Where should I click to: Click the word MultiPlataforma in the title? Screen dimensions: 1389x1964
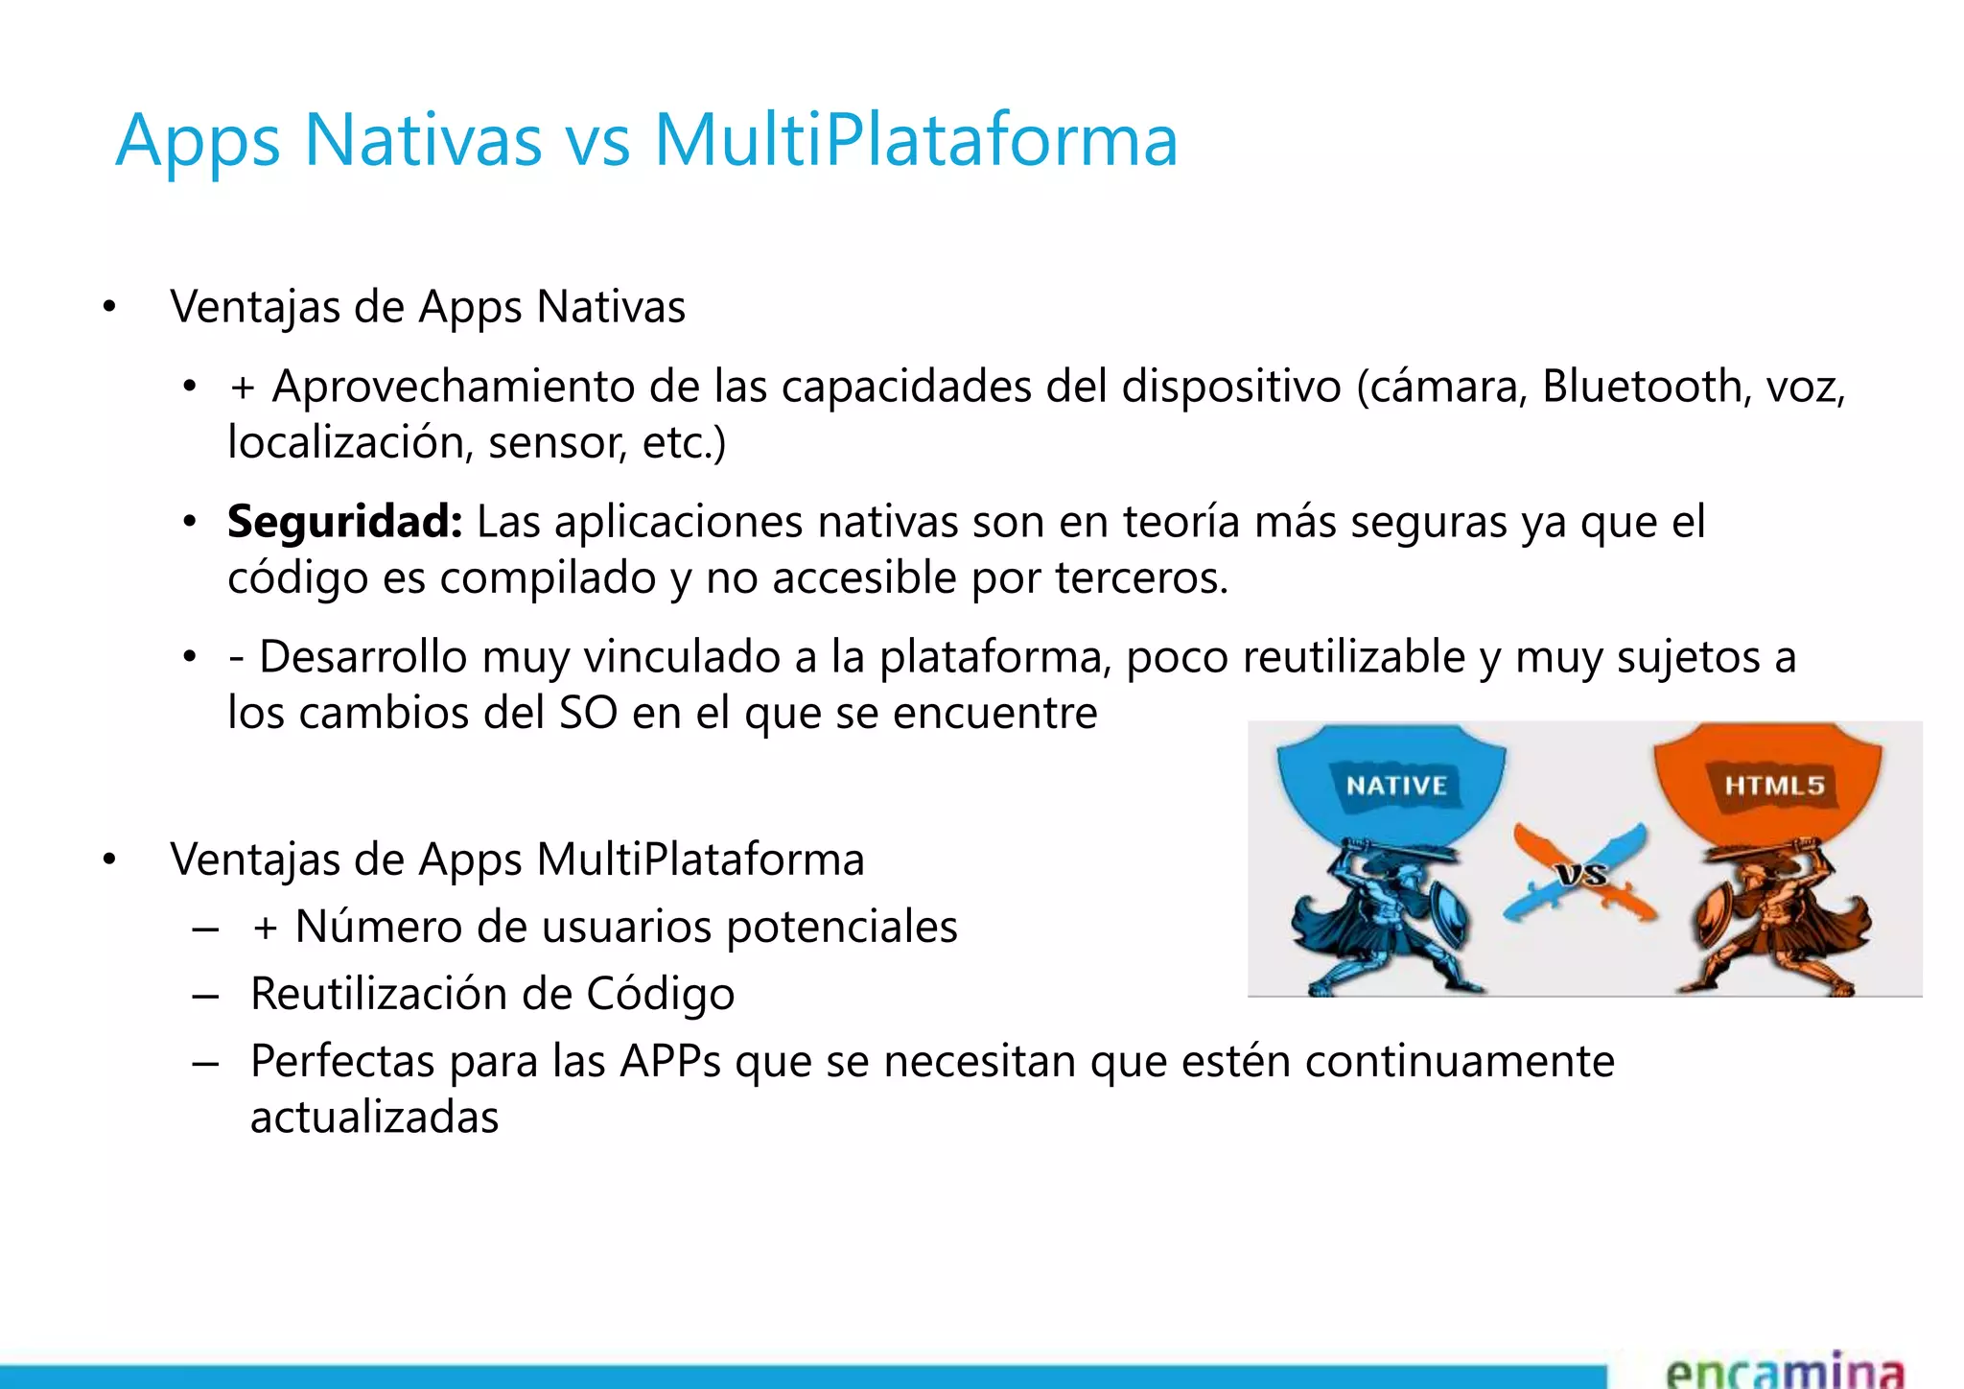915,141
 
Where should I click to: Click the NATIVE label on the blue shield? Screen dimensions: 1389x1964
1396,786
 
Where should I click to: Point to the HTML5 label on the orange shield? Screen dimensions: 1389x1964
1774,786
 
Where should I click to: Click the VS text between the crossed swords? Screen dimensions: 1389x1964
1581,874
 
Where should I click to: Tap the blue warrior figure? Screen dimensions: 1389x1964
1381,921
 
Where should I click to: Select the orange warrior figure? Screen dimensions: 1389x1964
1774,921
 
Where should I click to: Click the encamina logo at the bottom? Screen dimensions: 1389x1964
1784,1370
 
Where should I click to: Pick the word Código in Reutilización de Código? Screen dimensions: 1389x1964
660,995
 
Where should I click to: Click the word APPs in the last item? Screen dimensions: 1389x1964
670,1062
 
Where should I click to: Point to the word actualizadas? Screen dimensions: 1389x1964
374,1118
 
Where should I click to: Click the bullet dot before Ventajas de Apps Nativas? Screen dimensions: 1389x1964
109,308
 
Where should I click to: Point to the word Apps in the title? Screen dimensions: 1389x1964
198,141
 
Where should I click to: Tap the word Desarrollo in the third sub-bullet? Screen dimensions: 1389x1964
363,658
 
